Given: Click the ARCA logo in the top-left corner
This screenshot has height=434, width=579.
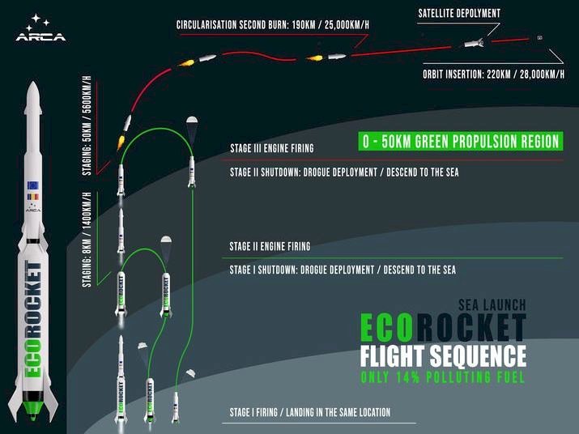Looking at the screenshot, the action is point(40,28).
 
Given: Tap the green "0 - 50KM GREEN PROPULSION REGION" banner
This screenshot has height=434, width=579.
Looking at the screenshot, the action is point(461,141).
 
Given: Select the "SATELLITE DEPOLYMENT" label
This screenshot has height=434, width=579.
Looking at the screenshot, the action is point(459,14).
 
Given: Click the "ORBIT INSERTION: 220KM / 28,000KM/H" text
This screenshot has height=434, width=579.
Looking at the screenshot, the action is point(493,74).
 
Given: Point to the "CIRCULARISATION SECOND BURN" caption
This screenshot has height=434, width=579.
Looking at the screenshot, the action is point(231,25).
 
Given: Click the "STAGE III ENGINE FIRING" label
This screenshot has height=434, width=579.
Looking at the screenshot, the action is point(272,148).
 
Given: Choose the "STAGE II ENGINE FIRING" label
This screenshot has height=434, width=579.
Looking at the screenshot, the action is point(270,246).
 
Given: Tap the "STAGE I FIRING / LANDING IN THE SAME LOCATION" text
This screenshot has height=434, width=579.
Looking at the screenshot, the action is point(310,412).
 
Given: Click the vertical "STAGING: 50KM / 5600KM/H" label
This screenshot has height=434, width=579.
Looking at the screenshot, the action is point(87,126).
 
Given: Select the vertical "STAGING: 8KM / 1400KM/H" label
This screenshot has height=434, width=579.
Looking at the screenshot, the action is point(87,240).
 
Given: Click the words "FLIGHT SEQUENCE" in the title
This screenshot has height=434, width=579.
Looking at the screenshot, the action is point(443,356).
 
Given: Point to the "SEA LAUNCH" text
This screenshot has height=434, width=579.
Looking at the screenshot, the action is point(492,305).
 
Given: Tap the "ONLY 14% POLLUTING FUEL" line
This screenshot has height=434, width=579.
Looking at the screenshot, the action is point(442,377).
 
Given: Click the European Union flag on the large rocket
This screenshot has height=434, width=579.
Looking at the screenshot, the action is point(33,185).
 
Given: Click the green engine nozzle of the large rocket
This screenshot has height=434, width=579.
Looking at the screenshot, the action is point(33,408).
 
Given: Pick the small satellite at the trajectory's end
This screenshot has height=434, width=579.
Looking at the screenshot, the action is point(539,37).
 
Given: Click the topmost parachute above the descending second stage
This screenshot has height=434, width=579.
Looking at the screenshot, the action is point(192,120).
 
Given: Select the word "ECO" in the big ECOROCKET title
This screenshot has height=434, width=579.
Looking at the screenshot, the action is point(386,327).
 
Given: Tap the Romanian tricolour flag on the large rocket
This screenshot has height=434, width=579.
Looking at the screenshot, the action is point(33,197).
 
